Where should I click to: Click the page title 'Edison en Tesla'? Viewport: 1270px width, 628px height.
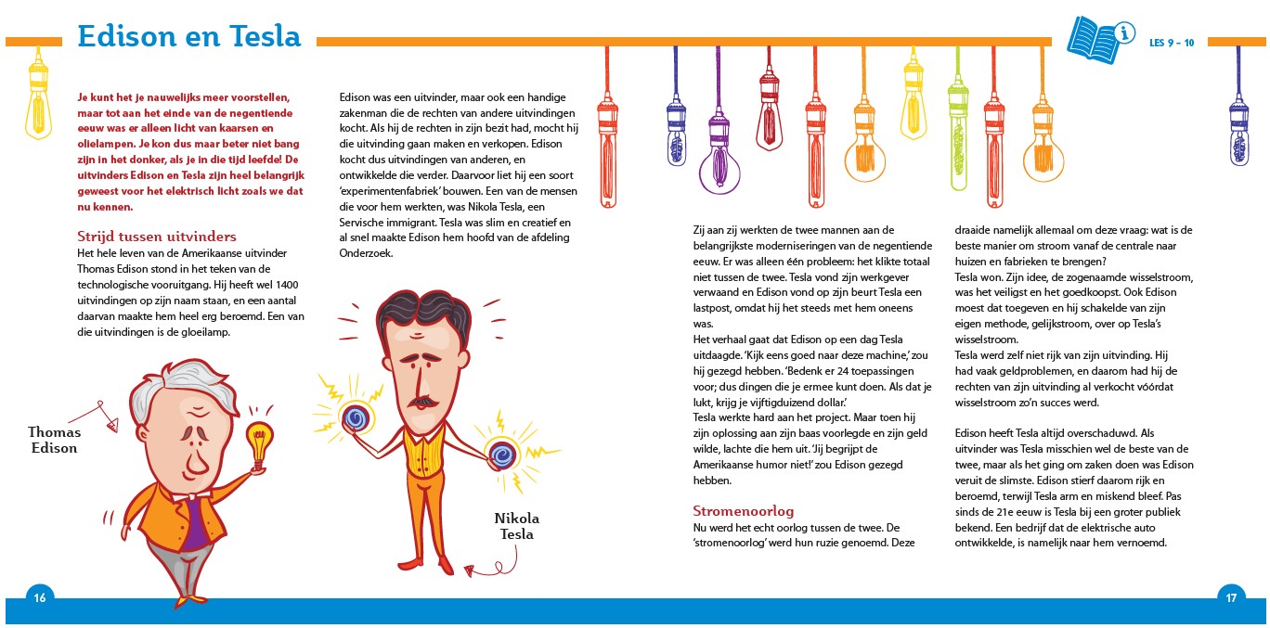tap(189, 36)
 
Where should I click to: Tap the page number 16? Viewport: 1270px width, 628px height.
tap(39, 597)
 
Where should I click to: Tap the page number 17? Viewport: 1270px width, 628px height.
tap(1230, 597)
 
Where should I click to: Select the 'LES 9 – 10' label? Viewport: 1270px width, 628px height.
tap(1172, 42)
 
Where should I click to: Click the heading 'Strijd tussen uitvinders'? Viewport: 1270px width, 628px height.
tap(156, 237)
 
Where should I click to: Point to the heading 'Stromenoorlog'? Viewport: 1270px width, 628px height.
tap(744, 511)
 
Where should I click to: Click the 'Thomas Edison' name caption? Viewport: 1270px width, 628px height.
tap(54, 440)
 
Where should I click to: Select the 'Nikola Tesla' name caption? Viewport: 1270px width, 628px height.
tap(516, 526)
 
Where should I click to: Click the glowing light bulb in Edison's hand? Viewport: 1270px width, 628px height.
tap(261, 437)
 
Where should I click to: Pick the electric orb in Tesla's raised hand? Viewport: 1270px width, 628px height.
tap(354, 418)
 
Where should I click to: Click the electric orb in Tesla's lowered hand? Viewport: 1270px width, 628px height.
tap(502, 455)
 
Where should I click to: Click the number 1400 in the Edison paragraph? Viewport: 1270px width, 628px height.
tap(287, 284)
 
